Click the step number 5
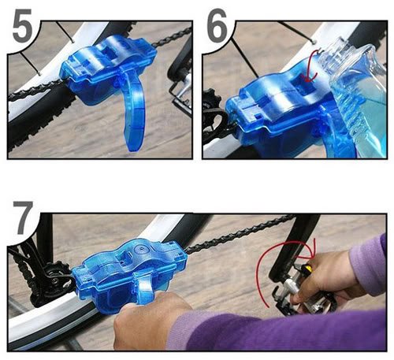tap(22, 25)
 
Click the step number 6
tap(217, 25)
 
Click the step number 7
tap(24, 218)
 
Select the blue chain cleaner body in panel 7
tap(128, 273)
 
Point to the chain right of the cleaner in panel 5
tap(172, 38)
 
